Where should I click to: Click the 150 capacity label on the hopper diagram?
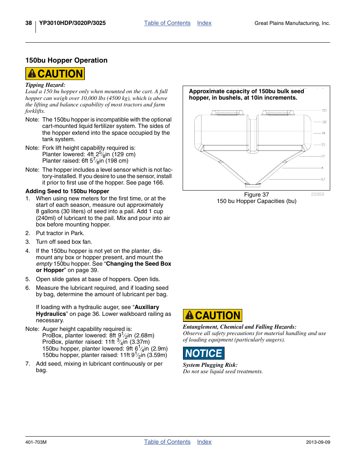[324, 111]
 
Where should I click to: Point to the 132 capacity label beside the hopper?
[324, 122]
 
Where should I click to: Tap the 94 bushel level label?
[323, 133]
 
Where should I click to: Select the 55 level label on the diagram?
[323, 145]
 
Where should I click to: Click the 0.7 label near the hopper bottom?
[323, 179]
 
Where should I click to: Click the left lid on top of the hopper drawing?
[228, 112]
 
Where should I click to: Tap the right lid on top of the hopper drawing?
[278, 112]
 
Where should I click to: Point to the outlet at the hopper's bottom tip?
[252, 185]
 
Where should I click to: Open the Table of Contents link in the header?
[167, 23]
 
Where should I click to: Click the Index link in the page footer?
[204, 442]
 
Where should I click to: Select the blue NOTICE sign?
[203, 353]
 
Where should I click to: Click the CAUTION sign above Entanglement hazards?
[212, 315]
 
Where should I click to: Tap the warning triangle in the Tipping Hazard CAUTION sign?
[32, 74]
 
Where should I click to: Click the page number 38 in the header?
[29, 23]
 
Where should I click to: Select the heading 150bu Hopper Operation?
[66, 60]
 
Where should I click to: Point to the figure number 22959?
[317, 194]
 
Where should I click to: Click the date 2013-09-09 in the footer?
[318, 442]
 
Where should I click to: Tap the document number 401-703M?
[36, 442]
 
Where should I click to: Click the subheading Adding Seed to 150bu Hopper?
[67, 191]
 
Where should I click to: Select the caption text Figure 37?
[256, 195]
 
